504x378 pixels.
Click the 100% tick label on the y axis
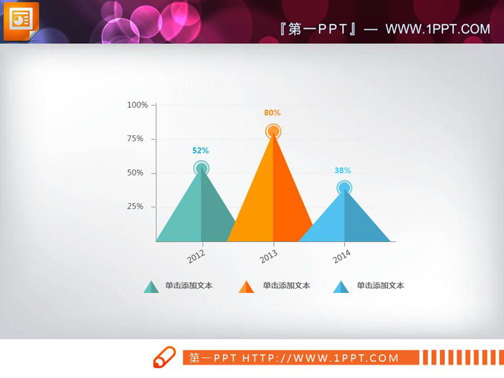coord(138,105)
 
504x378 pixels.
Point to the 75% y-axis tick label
coord(135,138)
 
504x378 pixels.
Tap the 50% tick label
coord(135,173)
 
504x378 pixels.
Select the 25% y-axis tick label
coord(135,207)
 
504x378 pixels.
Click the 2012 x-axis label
coord(196,256)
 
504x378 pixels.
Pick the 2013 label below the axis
coord(269,256)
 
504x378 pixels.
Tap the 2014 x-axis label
coord(341,256)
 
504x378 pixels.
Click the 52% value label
coord(200,150)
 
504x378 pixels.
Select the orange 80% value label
coord(272,113)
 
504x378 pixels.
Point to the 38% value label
coord(343,171)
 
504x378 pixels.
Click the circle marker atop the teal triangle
coord(202,168)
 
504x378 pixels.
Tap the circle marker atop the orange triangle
coord(273,131)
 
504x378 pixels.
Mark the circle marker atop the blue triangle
coord(344,189)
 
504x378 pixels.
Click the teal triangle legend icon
coord(151,287)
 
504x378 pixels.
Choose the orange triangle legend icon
coord(246,287)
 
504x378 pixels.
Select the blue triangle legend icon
coord(341,287)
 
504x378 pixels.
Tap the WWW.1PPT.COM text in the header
coord(438,29)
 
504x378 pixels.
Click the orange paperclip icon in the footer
coord(164,357)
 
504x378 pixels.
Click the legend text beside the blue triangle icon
coord(380,286)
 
